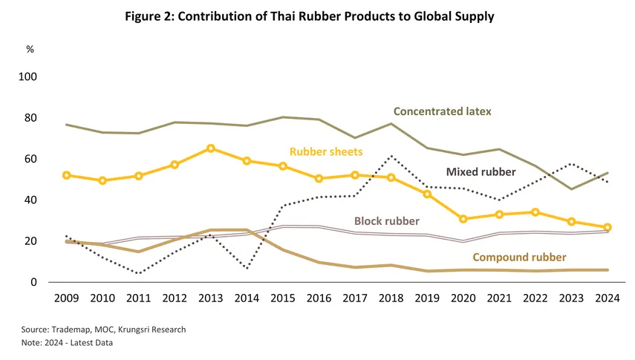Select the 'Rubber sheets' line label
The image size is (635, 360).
coord(327,151)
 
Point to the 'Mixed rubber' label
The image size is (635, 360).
coord(481,171)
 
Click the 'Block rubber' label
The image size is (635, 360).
coord(386,220)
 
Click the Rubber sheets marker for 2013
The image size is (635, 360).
coord(211,148)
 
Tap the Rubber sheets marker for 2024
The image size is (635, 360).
coord(607,227)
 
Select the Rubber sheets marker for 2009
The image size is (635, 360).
coord(67,175)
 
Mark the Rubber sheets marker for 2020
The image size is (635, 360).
coord(463,219)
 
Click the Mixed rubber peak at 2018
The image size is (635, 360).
coord(391,156)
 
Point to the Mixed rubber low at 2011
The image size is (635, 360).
coord(139,273)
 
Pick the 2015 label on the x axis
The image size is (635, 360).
coord(283,298)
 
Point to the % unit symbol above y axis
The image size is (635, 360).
coord(30,49)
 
